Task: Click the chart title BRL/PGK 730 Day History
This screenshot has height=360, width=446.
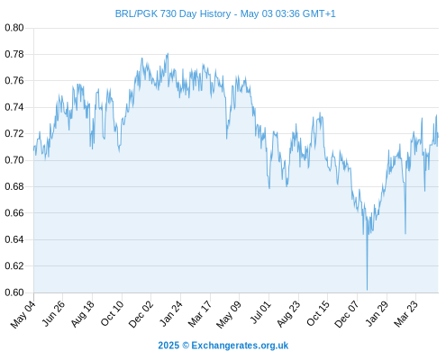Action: [173, 13]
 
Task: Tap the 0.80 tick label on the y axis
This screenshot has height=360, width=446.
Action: [14, 28]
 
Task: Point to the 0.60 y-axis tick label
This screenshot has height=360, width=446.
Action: [14, 292]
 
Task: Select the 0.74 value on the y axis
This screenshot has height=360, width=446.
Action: [14, 107]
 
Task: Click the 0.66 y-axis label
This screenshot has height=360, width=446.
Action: [14, 213]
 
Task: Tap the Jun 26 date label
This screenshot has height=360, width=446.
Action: [53, 314]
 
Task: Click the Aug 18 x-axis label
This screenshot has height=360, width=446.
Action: [82, 314]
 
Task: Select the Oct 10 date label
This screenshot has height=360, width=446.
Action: [112, 314]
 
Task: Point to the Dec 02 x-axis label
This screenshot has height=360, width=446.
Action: [141, 314]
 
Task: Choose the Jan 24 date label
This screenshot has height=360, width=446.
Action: [170, 314]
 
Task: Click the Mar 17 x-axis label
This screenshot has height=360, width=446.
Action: [200, 314]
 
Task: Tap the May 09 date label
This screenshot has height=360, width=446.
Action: [229, 315]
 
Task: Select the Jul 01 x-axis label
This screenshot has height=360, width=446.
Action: [260, 312]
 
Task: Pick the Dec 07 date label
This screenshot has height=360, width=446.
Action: [347, 314]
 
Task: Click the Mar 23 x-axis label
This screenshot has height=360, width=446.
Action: [405, 314]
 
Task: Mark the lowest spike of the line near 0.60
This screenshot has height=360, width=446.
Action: [367, 290]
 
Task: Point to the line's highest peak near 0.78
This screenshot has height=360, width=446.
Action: [168, 54]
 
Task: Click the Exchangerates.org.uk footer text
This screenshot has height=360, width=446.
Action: [240, 346]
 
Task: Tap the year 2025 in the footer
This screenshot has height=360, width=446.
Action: [168, 346]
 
